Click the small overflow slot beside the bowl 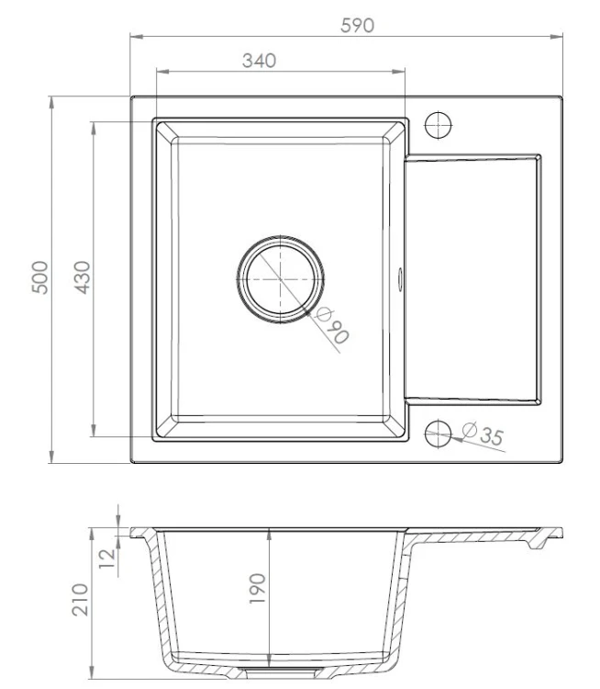pyautogui.click(x=401, y=277)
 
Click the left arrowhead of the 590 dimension pyautogui.click(x=134, y=37)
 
